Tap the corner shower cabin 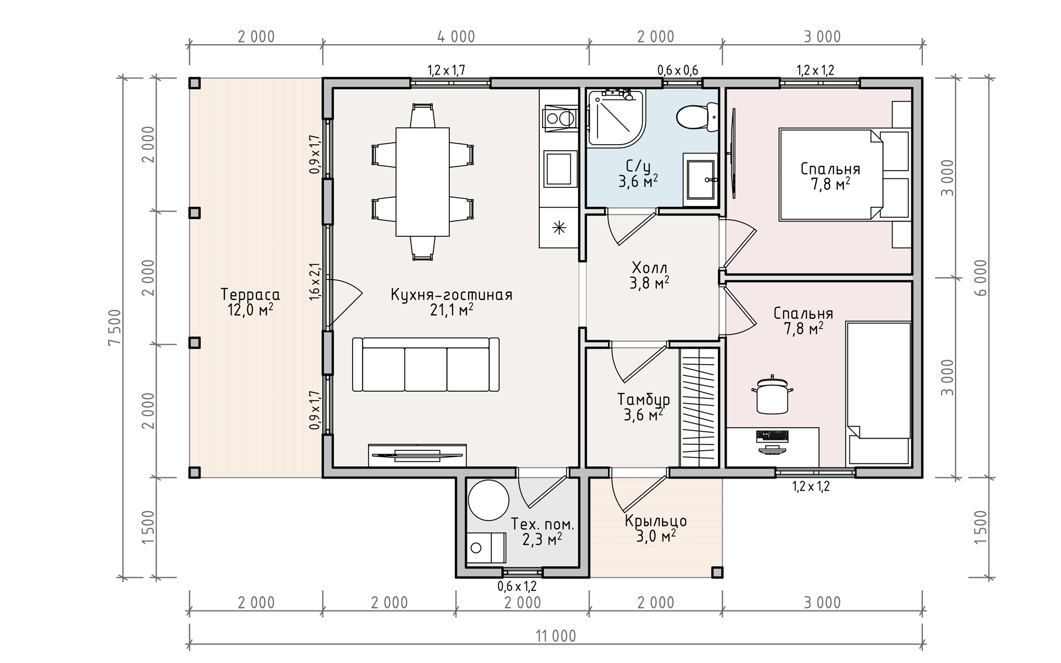(x=617, y=118)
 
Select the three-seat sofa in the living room (x=426, y=365)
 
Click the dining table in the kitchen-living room (x=423, y=182)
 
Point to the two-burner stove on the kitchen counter (x=559, y=118)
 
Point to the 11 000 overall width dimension (x=556, y=636)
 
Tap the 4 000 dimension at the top (x=456, y=36)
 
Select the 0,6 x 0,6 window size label (x=677, y=70)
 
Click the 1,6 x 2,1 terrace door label (x=314, y=282)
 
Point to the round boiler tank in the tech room (x=488, y=500)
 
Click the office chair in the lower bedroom (x=772, y=394)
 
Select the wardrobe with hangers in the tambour (x=699, y=407)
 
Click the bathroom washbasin (x=700, y=180)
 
